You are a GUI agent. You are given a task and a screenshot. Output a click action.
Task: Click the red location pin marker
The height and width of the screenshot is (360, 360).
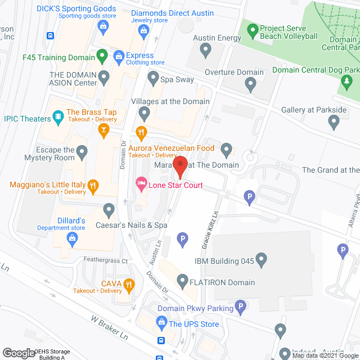[179, 166]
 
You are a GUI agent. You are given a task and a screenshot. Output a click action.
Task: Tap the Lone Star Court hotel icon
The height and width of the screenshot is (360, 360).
[141, 183]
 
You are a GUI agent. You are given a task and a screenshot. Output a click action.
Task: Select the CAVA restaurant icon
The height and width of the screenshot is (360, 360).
[129, 285]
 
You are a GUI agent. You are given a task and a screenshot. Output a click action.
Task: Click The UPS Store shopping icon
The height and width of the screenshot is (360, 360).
[161, 323]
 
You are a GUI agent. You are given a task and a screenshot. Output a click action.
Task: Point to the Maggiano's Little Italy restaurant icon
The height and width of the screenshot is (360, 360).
[94, 185]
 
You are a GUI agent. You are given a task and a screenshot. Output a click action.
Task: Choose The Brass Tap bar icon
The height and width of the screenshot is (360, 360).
[103, 130]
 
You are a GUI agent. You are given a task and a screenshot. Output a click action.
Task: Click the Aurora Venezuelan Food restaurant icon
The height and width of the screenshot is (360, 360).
[141, 133]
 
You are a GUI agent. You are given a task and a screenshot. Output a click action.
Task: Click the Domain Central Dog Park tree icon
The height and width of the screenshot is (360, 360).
[347, 84]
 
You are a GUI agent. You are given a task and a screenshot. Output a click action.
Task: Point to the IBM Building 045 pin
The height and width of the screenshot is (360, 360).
[260, 259]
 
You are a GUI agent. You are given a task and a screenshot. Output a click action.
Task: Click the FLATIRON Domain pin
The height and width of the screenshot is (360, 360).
[182, 280]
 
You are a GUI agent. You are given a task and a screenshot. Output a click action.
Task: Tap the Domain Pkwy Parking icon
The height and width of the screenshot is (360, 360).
[240, 307]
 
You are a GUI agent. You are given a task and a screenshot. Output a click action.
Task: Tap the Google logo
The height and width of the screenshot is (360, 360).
[18, 353]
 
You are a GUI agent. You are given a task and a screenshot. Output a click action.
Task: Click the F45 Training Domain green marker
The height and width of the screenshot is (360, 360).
[101, 56]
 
